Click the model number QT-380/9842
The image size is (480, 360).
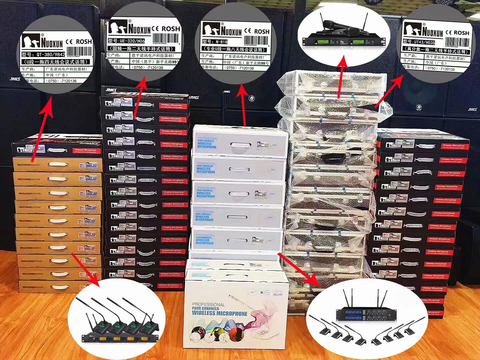click(x=51, y=54)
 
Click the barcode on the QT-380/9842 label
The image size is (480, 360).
click(x=79, y=51)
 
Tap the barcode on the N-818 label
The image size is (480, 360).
click(x=256, y=40)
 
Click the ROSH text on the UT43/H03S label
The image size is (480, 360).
click(x=461, y=33)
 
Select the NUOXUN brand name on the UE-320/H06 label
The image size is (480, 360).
click(x=140, y=29)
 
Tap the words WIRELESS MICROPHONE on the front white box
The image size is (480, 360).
click(x=220, y=313)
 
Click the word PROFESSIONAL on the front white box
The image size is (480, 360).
click(x=208, y=304)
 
